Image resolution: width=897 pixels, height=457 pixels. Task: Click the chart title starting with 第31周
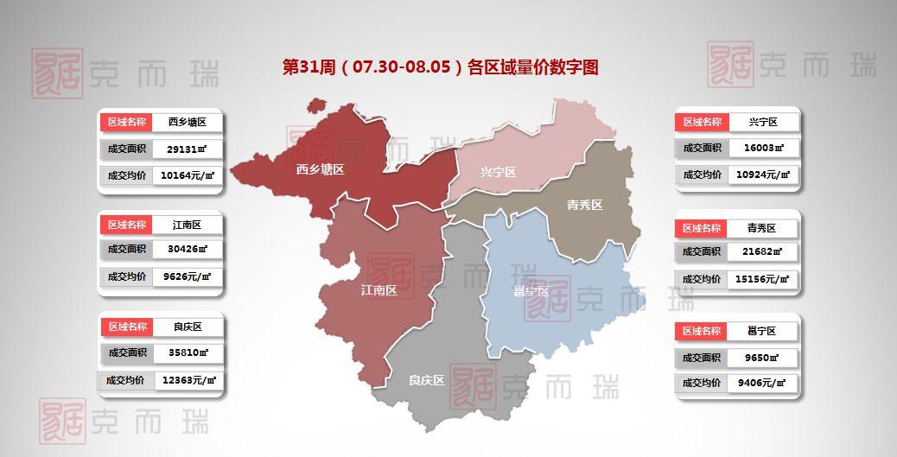pyautogui.click(x=441, y=67)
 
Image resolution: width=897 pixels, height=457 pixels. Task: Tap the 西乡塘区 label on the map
pyautogui.click(x=320, y=170)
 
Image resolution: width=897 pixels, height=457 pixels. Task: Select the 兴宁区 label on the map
pyautogui.click(x=498, y=173)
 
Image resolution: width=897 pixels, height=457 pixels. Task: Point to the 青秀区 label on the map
pyautogui.click(x=584, y=205)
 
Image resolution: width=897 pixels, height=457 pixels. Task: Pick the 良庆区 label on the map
pyautogui.click(x=427, y=379)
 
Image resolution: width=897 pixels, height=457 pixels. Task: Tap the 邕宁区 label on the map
pyautogui.click(x=531, y=291)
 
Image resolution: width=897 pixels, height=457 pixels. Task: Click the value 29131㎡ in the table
pyautogui.click(x=187, y=149)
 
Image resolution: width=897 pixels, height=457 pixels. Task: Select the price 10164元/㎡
pyautogui.click(x=187, y=175)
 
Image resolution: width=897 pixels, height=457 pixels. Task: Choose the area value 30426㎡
pyautogui.click(x=187, y=250)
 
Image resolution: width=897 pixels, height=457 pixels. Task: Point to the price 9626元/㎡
pyautogui.click(x=187, y=277)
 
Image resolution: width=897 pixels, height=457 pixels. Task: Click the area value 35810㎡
pyautogui.click(x=187, y=352)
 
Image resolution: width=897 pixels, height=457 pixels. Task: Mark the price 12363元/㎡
pyautogui.click(x=187, y=379)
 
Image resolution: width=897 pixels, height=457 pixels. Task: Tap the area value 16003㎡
pyautogui.click(x=762, y=148)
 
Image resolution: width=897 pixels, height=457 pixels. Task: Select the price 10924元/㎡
pyautogui.click(x=762, y=175)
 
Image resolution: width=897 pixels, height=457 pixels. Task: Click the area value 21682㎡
pyautogui.click(x=762, y=251)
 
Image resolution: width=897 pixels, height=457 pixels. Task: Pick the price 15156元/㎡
pyautogui.click(x=762, y=279)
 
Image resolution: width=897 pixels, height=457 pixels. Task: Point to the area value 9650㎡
pyautogui.click(x=762, y=357)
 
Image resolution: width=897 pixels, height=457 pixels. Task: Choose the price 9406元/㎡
pyautogui.click(x=762, y=383)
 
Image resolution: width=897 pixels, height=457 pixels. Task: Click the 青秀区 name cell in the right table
pyautogui.click(x=762, y=228)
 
